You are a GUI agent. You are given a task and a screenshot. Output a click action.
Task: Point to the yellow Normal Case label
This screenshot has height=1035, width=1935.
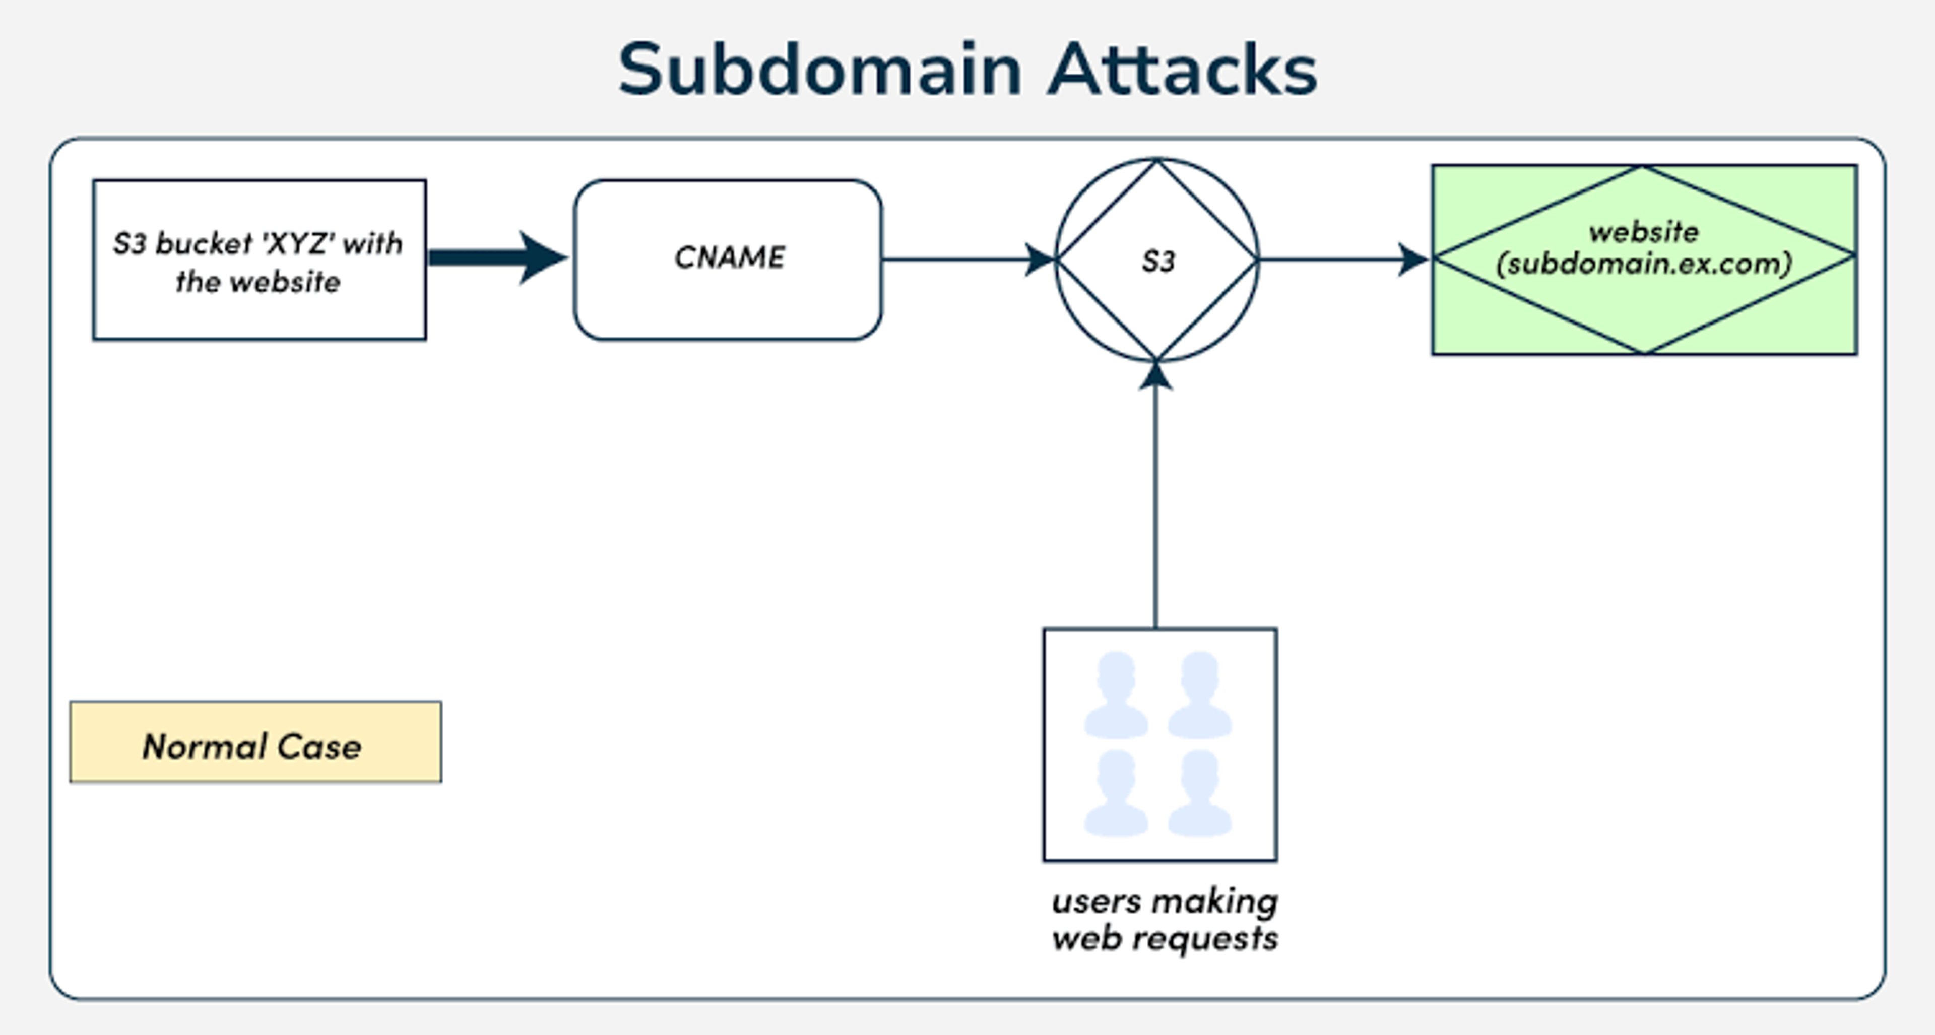(255, 742)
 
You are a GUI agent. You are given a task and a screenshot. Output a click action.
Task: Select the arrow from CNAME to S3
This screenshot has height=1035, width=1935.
(969, 260)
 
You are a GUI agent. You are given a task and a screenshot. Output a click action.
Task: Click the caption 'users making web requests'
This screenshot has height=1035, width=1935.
(1165, 919)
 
